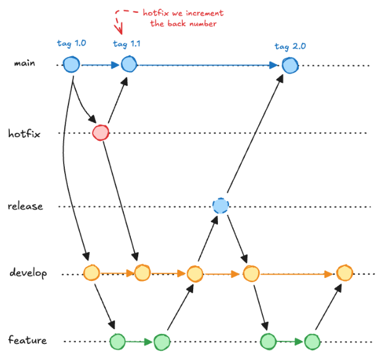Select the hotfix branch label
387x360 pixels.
tap(25, 133)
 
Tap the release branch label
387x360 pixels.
tap(25, 206)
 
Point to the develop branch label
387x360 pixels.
tap(28, 273)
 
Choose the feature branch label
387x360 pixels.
tap(27, 340)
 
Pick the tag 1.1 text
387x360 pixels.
tap(127, 44)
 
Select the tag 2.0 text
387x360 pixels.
tap(290, 46)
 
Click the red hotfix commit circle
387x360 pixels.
tap(101, 133)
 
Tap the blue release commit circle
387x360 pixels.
tap(220, 206)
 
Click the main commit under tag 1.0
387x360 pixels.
tap(72, 64)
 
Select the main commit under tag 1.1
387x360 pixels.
tap(128, 64)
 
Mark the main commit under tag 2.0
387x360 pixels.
tap(290, 64)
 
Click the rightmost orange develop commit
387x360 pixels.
tap(344, 272)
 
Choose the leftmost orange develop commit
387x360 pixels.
tap(91, 272)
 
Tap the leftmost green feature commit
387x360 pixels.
tap(117, 341)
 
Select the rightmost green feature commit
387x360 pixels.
tap(312, 341)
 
